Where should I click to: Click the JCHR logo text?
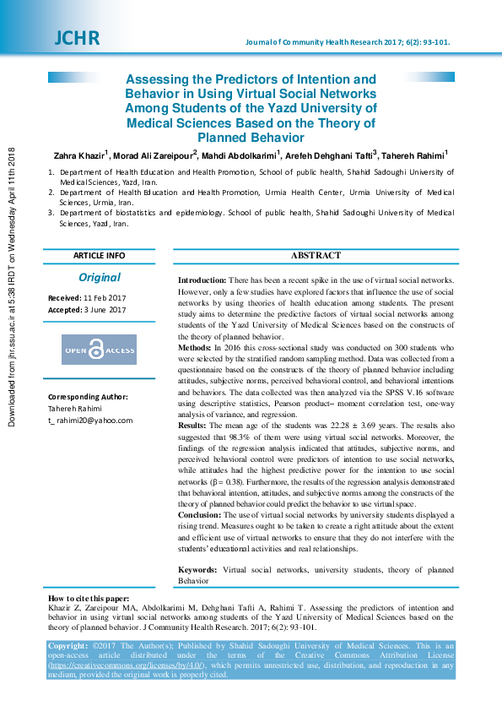point(77,38)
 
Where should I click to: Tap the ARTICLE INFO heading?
point(99,255)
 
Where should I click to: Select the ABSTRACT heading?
point(316,255)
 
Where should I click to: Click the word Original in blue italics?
point(100,277)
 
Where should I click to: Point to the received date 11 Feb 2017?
point(105,298)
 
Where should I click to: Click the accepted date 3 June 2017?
point(105,310)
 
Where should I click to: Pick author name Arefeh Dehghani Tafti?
point(331,156)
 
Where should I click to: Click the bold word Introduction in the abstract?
point(202,280)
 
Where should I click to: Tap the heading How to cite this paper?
point(89,599)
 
